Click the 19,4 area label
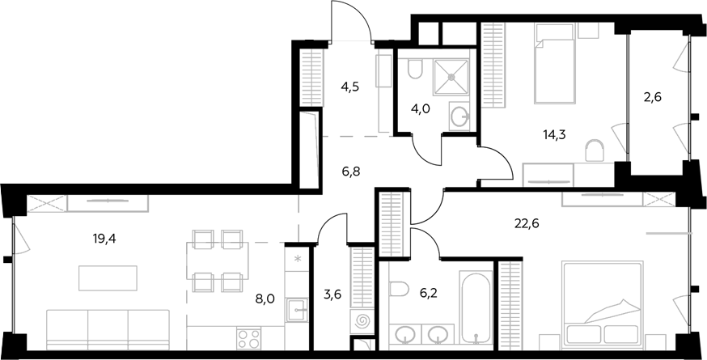104,239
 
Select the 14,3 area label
555,133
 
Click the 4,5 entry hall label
349,87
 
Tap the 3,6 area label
332,295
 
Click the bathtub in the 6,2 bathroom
476,307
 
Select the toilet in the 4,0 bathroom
415,70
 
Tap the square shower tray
451,77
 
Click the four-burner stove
249,338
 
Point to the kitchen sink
296,310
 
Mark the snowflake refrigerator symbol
297,259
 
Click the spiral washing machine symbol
362,322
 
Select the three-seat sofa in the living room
108,329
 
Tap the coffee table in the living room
108,278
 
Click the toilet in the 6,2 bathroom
399,289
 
